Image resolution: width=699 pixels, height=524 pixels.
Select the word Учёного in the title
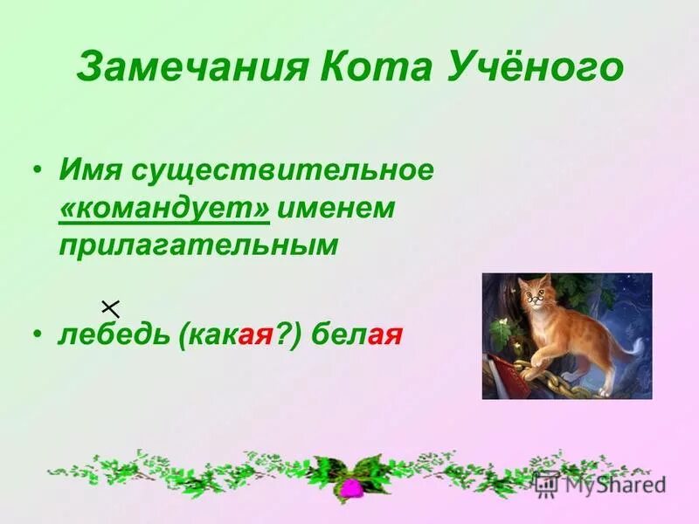536,67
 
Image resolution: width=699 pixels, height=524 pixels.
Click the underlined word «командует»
165,209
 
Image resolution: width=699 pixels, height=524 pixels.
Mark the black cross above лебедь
110,307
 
